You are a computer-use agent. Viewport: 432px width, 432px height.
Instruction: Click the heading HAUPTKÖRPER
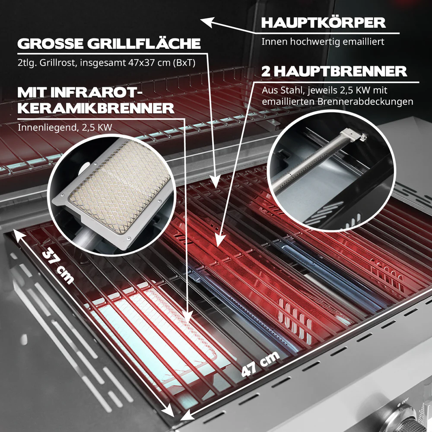tap(323, 22)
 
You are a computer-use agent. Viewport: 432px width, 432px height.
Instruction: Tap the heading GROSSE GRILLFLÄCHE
tap(108, 44)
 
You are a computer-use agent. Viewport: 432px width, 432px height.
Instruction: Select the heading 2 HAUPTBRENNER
tap(334, 71)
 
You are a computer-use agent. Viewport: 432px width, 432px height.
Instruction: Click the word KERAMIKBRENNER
tap(96, 108)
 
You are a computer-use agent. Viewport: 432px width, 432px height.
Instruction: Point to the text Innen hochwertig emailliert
tap(323, 42)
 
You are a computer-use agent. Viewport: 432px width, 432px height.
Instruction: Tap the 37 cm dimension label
tap(57, 266)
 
